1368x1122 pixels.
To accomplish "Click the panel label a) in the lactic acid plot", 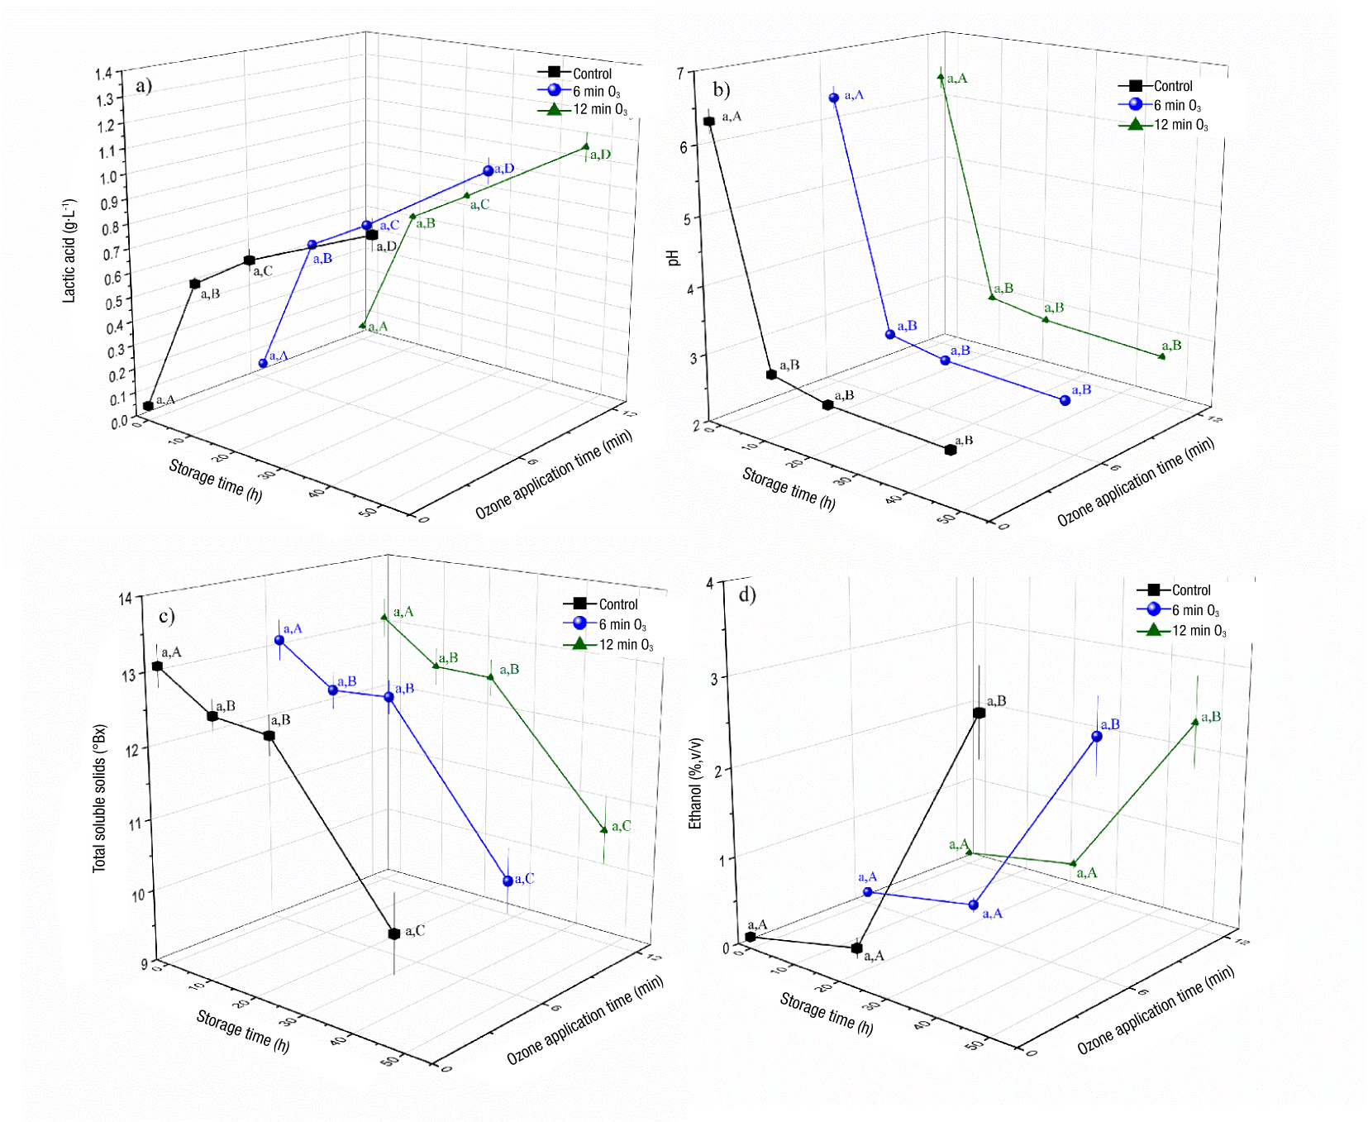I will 144,86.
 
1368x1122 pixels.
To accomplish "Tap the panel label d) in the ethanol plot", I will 747,594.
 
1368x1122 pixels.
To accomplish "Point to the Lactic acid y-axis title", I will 69,251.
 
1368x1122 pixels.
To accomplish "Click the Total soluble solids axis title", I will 99,798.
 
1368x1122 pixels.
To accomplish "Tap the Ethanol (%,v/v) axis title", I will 695,783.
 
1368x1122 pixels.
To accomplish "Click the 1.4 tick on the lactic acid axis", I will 103,74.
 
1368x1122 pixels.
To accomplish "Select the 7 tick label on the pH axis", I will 680,74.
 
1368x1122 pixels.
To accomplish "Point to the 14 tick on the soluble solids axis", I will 126,599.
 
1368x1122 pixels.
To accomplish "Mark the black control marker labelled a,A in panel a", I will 148,406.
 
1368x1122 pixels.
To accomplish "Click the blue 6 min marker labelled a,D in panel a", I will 489,171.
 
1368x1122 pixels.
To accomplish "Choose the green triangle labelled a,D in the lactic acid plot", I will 586,147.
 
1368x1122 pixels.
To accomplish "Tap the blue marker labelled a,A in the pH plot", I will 834,98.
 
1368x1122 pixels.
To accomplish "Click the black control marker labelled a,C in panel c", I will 394,933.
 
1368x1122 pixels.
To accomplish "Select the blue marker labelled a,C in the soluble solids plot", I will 508,881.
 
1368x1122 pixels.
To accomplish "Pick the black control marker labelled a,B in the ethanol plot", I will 979,713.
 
